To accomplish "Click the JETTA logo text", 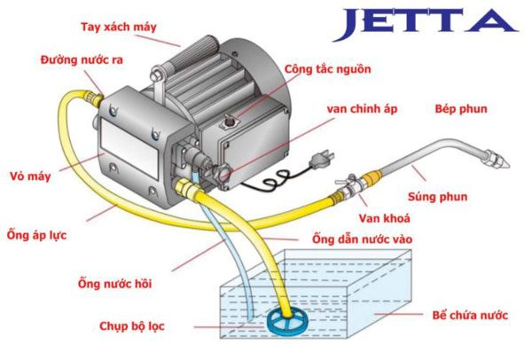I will click(x=423, y=23).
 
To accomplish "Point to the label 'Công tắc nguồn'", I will click(x=327, y=68).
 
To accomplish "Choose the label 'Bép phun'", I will click(x=458, y=108).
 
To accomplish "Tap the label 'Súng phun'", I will click(x=461, y=197).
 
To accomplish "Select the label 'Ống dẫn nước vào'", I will click(x=361, y=239).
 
